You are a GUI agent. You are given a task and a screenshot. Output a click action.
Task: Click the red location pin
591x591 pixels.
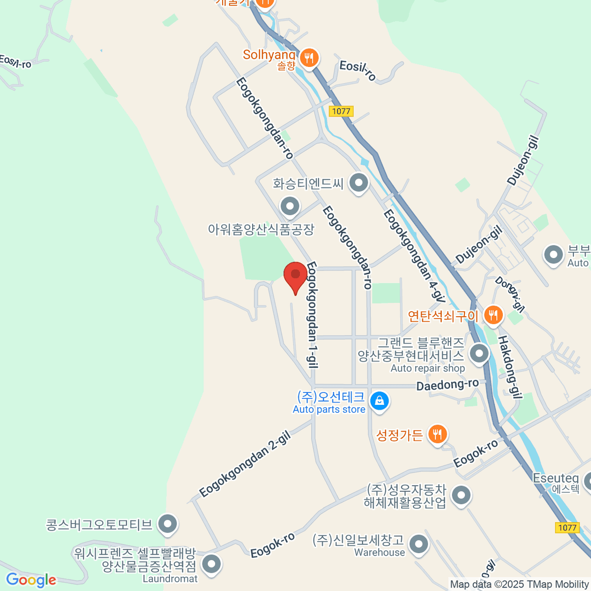click(x=295, y=276)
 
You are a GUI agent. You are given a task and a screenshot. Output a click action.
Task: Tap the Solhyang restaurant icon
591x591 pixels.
click(x=309, y=59)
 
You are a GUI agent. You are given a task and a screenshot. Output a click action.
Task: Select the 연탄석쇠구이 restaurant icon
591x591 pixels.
click(x=493, y=314)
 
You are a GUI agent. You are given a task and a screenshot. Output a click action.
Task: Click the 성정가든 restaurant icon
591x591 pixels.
click(x=437, y=434)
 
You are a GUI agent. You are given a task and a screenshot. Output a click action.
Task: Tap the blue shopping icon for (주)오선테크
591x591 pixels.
click(x=379, y=401)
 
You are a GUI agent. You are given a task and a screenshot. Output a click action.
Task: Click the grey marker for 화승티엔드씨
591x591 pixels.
click(x=359, y=183)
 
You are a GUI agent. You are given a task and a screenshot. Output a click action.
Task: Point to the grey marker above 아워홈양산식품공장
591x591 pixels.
click(x=290, y=206)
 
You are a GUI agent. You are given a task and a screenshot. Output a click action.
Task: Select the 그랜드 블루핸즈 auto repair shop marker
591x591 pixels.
click(x=479, y=354)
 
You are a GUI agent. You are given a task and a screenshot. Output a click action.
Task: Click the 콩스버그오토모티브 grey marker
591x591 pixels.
click(x=167, y=524)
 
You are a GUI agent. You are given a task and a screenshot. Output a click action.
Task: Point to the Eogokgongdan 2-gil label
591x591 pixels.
click(x=245, y=463)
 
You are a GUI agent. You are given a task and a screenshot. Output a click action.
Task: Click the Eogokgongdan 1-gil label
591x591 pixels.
click(x=312, y=315)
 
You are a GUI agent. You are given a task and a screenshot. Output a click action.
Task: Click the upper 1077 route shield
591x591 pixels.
click(x=341, y=111)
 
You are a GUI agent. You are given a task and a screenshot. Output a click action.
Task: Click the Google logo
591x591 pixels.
click(x=31, y=580)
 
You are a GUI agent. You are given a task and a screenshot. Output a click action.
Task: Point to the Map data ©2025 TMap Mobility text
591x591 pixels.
click(x=519, y=584)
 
